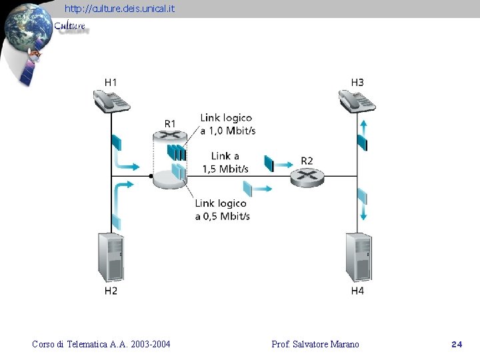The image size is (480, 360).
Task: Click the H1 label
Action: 111,82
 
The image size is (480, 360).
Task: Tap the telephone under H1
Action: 111,101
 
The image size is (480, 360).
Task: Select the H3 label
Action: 357,82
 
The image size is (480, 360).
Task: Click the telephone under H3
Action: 357,101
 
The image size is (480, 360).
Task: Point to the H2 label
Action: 111,291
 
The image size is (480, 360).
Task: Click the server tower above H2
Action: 111,257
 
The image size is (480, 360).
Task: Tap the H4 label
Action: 357,291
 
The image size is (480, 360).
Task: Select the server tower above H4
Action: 358,257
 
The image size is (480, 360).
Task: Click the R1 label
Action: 170,123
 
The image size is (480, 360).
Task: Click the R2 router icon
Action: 307,177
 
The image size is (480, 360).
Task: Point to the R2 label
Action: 307,161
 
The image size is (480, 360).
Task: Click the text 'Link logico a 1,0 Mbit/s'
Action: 227,125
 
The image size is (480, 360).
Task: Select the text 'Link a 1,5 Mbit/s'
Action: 225,163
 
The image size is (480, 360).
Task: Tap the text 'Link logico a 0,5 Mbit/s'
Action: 222,209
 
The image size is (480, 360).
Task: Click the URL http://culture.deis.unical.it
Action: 119,9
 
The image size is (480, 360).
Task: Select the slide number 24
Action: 457,345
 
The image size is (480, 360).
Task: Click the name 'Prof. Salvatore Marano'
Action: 315,345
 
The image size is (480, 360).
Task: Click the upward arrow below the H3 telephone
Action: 363,126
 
